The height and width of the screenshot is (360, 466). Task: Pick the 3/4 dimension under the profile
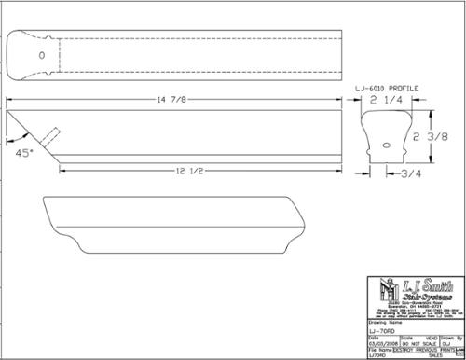[410, 173]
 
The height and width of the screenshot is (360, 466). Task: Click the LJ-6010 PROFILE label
[387, 89]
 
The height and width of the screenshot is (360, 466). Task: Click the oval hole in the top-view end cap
[40, 56]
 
